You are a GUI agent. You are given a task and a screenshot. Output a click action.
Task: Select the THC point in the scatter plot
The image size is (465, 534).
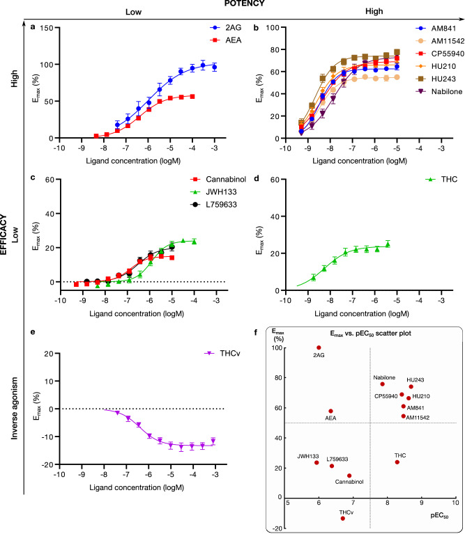397,462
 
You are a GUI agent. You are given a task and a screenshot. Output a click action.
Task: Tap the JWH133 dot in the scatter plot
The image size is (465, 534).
317,462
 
